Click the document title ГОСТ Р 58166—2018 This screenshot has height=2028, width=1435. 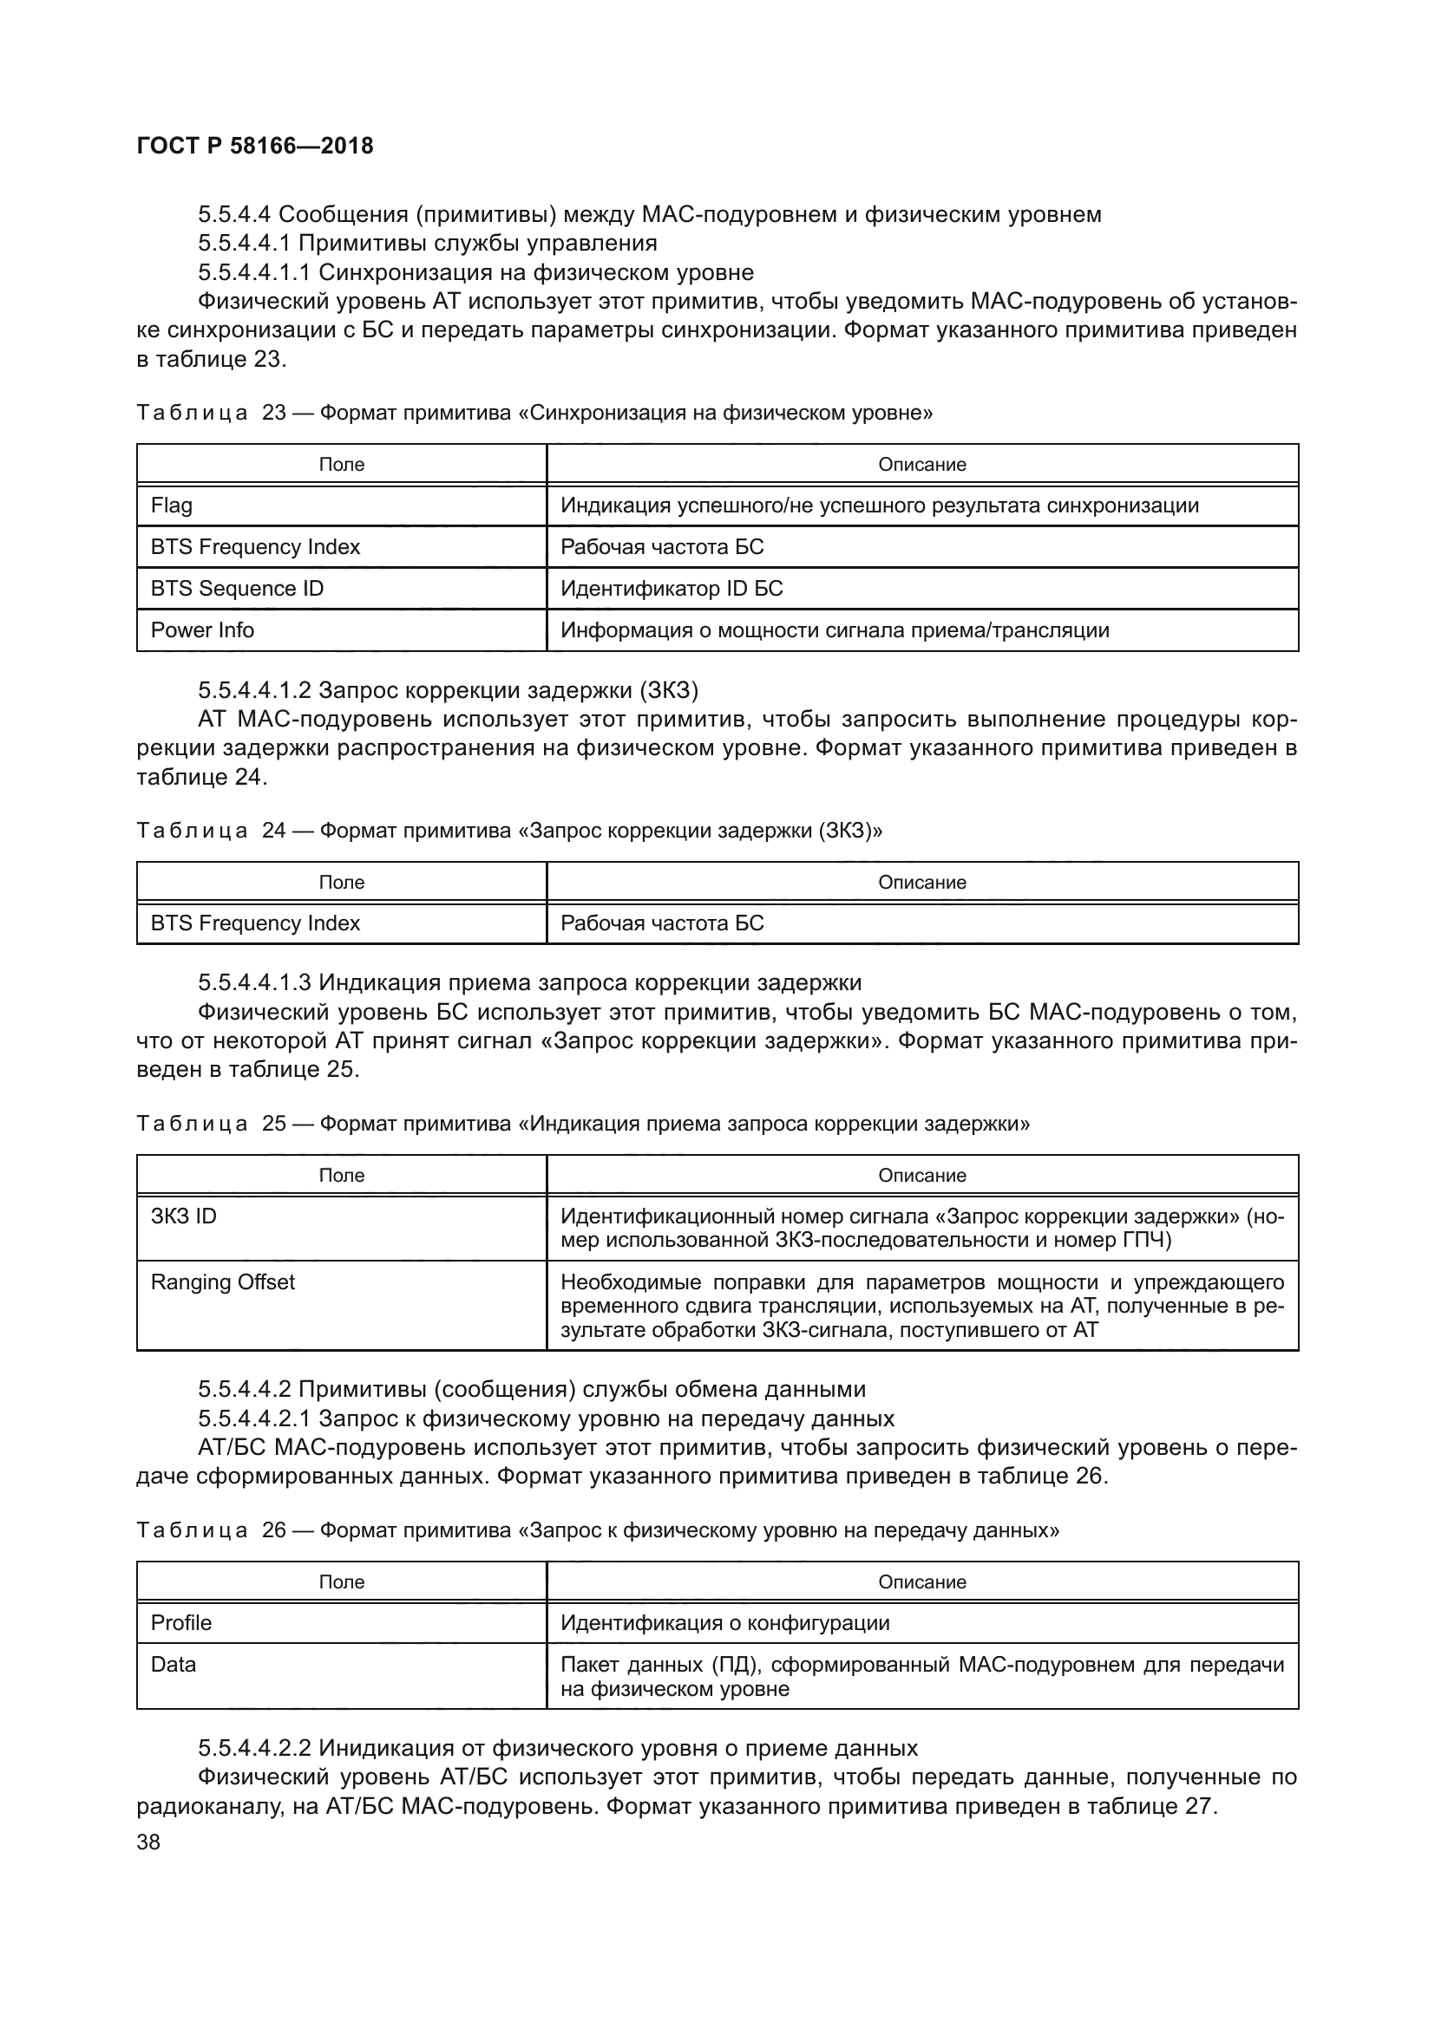coord(255,146)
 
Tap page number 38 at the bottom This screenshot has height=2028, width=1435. coord(148,1842)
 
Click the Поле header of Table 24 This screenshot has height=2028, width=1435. coord(341,882)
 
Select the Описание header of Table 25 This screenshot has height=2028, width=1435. coord(921,1175)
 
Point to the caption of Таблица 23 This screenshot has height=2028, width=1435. coord(534,413)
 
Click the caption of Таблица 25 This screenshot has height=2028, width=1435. coord(583,1124)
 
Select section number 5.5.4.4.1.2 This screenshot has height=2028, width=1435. coord(254,689)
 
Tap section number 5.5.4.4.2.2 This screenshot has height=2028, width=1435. coord(254,1748)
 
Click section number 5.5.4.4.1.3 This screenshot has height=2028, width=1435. coord(254,982)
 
